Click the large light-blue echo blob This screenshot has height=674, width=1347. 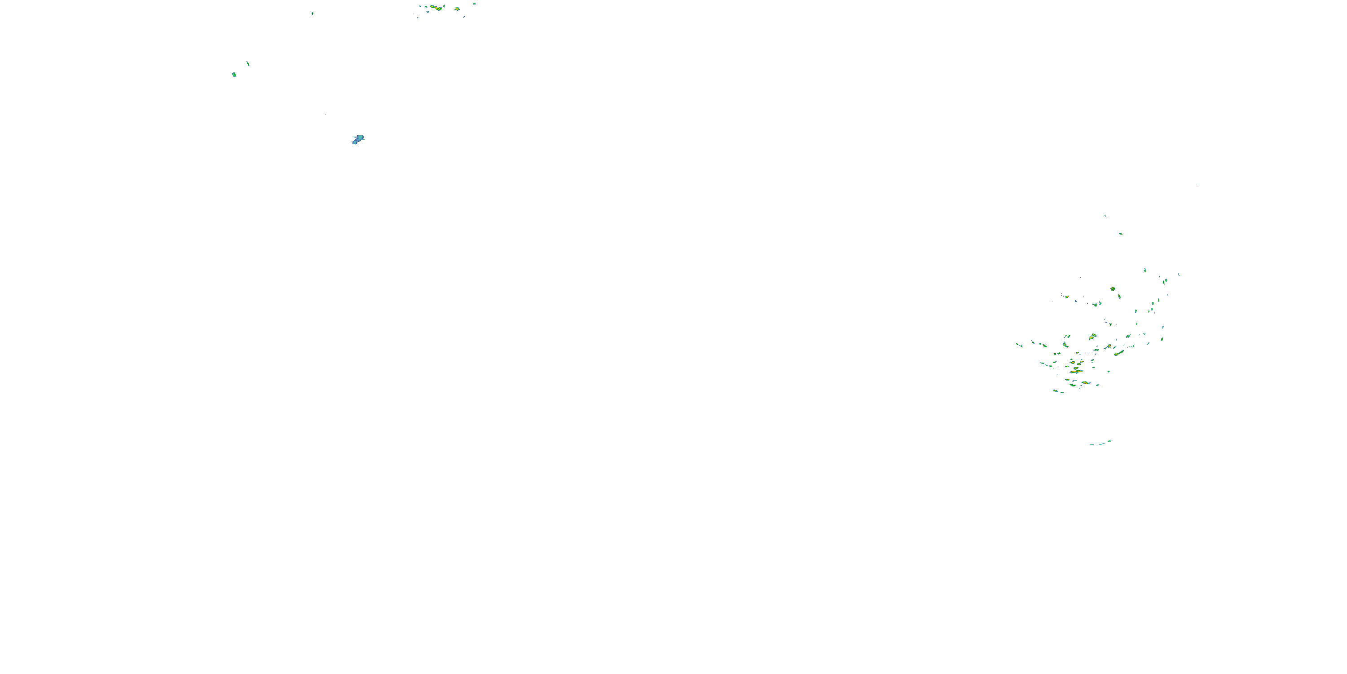coord(358,139)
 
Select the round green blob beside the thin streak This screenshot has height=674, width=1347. coord(234,75)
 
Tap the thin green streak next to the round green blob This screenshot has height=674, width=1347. coord(248,64)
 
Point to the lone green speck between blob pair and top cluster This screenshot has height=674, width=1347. coord(313,13)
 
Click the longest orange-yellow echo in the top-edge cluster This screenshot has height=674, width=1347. coord(436,8)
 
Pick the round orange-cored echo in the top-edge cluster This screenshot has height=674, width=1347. coord(457,9)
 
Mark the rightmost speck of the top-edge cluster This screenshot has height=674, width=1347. coord(475,4)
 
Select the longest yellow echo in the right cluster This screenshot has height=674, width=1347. coord(1077,372)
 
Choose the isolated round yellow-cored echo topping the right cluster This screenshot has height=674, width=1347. coord(1113,289)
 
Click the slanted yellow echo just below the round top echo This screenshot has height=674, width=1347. coord(1119,296)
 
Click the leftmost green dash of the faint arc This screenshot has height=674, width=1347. coord(1092,445)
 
